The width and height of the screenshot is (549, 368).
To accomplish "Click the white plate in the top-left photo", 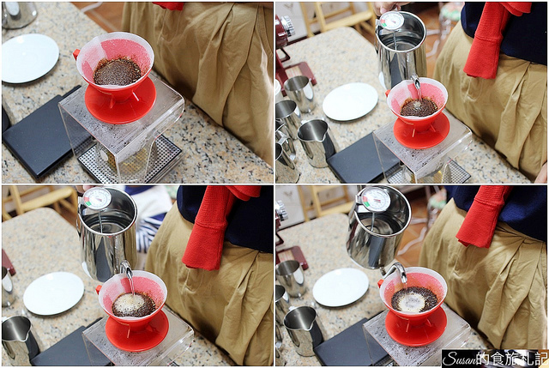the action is [x=30, y=58].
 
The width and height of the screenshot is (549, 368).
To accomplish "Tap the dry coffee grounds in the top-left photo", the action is [x=117, y=71].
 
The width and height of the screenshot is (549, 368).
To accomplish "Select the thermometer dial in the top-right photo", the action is [x=392, y=21].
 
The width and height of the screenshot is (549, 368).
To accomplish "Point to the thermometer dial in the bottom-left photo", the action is [x=97, y=198].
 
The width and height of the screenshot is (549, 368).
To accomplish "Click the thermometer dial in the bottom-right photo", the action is [x=376, y=199].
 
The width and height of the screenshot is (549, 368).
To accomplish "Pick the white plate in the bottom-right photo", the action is [x=341, y=287].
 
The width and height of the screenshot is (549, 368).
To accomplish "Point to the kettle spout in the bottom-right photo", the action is [x=397, y=271].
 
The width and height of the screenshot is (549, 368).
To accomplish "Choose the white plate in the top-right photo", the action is [x=350, y=101].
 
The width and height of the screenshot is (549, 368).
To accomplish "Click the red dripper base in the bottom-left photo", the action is [x=137, y=334].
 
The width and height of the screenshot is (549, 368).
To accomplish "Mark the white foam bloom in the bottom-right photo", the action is [x=413, y=302].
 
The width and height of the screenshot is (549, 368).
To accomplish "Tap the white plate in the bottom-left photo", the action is [x=53, y=293].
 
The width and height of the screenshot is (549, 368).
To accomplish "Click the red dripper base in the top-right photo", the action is [x=421, y=130].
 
